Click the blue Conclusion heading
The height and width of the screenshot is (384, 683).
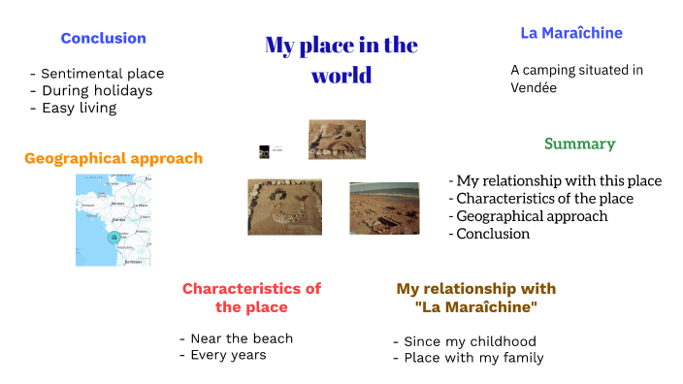103,39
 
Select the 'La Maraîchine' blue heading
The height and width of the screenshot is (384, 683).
571,33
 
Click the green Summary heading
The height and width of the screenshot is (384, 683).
579,144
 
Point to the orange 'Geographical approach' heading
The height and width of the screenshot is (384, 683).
114,158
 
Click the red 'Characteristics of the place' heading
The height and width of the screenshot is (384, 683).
251,297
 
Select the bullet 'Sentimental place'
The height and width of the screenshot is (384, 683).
102,74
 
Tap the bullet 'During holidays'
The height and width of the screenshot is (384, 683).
96,91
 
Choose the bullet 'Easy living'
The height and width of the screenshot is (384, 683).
79,109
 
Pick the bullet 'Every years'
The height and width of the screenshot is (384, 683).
227,355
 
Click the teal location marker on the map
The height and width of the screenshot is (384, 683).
114,238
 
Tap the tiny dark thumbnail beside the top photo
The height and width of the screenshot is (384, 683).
264,151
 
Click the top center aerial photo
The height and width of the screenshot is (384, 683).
336,139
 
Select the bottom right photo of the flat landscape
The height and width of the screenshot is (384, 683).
384,208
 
